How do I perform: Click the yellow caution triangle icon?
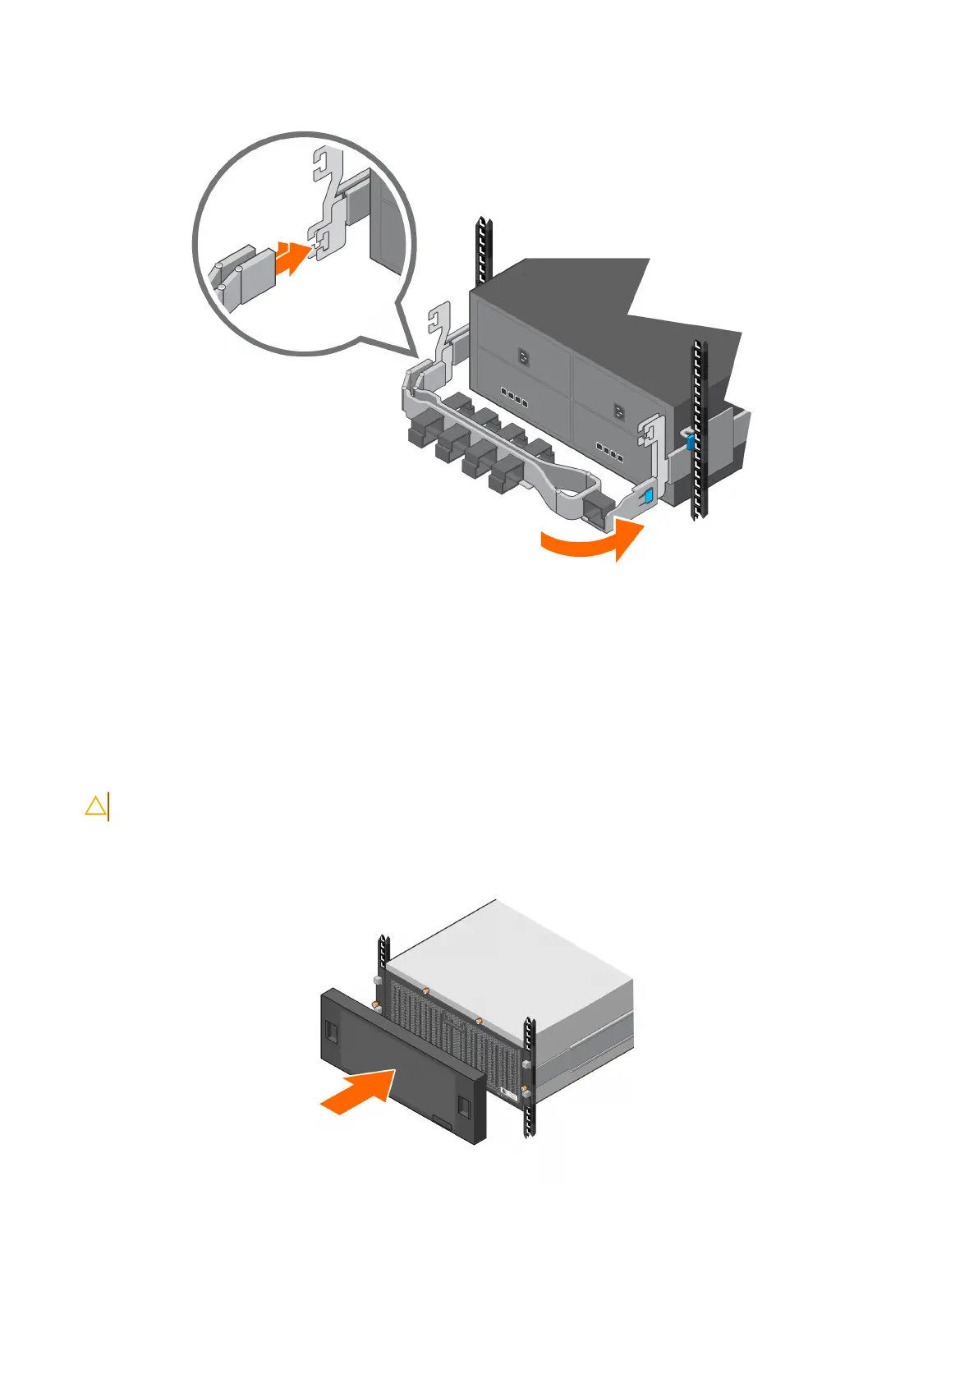(x=95, y=806)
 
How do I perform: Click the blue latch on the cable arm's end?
(x=649, y=495)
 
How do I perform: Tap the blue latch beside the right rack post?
(x=690, y=443)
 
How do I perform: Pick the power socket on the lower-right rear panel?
(x=619, y=408)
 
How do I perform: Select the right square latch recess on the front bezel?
(x=465, y=1106)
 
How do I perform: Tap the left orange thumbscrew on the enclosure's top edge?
(x=426, y=991)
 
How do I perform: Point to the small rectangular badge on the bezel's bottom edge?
(x=442, y=1123)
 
